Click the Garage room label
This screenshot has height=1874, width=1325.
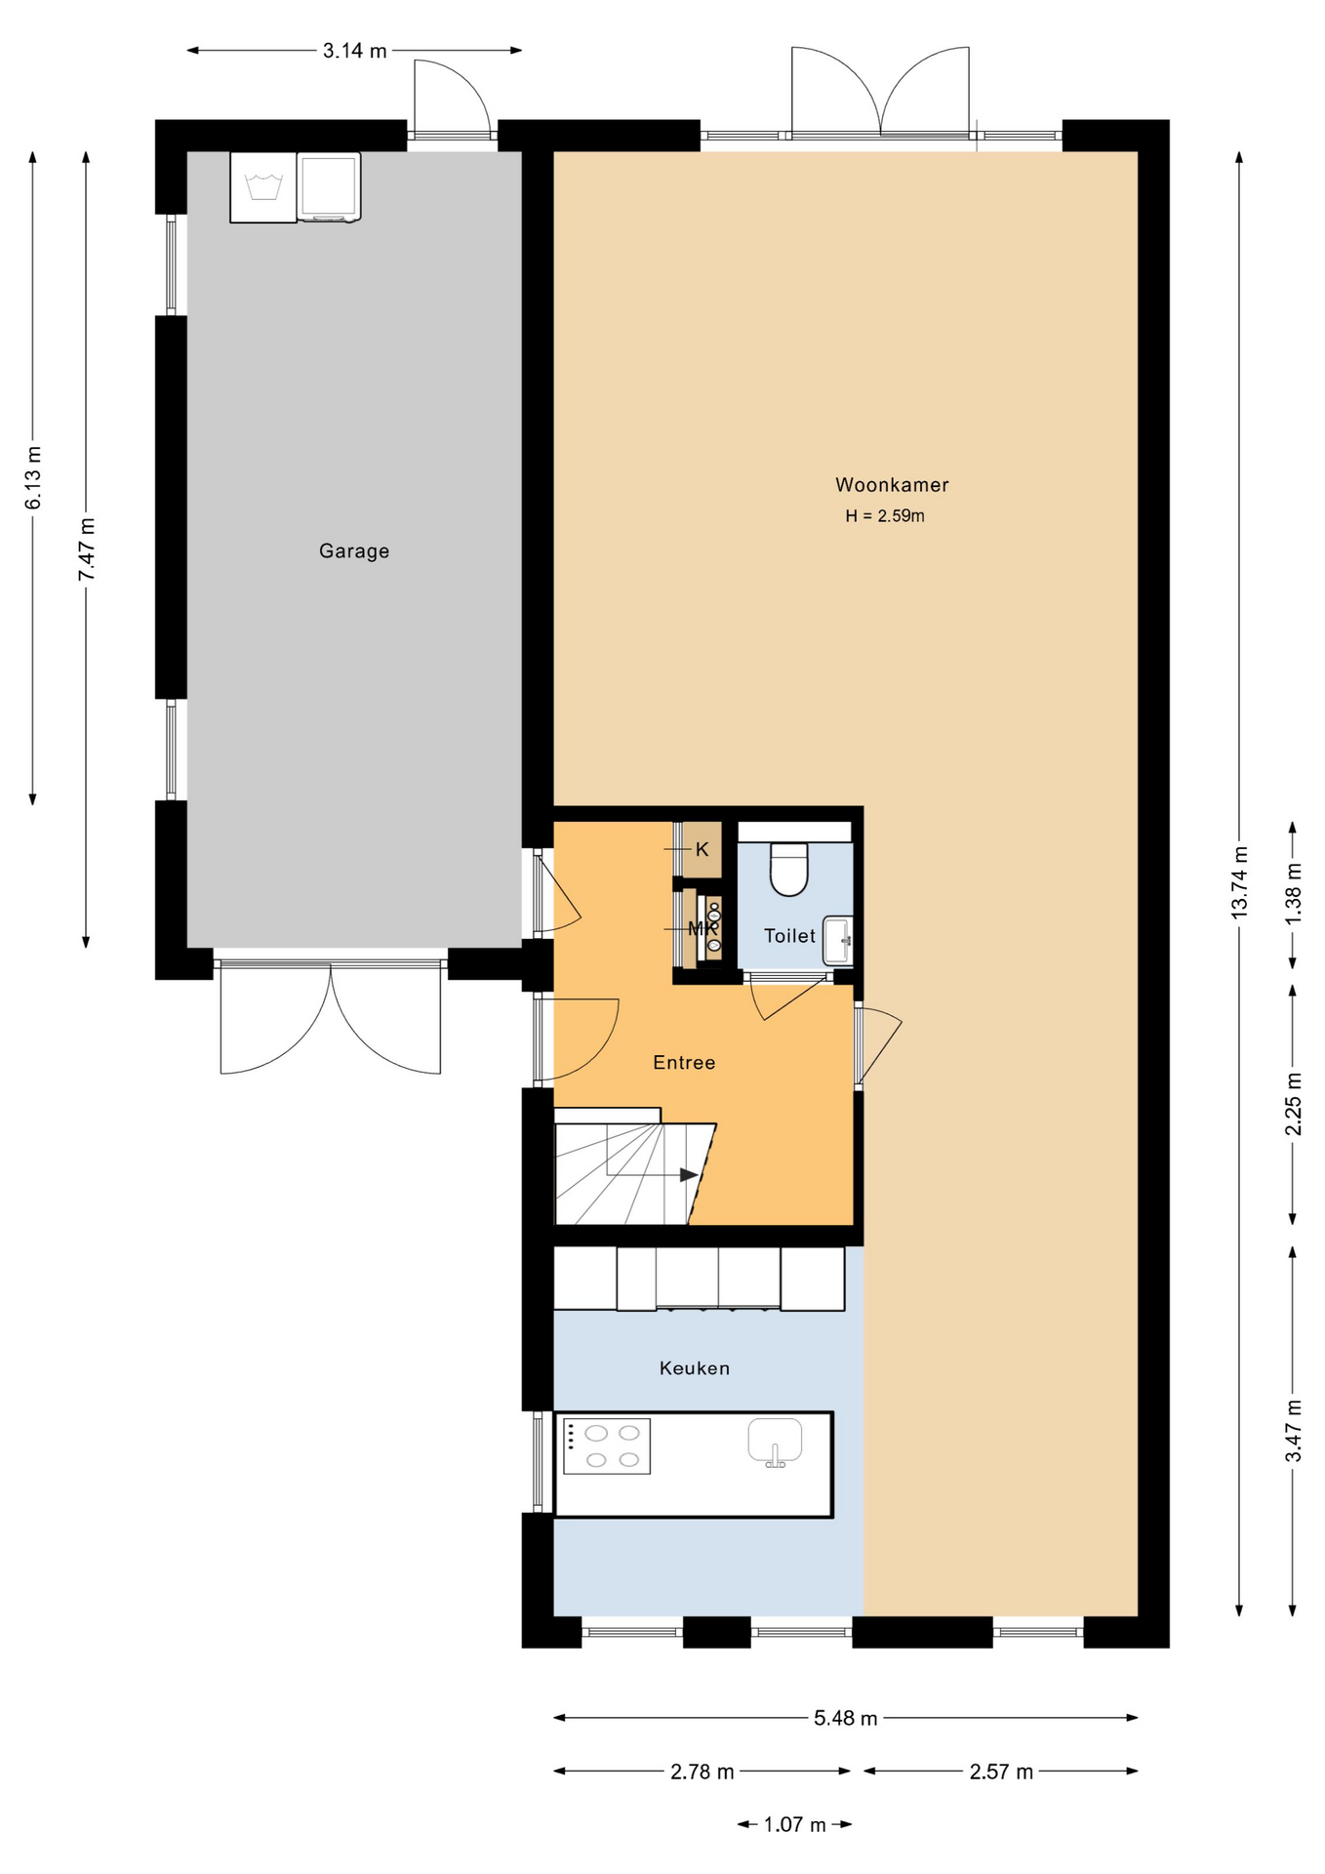click(x=354, y=551)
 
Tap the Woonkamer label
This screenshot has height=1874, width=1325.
click(x=892, y=485)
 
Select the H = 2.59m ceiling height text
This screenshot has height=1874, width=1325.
click(x=885, y=516)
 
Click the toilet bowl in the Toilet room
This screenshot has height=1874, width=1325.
click(x=789, y=869)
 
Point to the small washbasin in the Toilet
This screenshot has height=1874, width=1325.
click(x=838, y=940)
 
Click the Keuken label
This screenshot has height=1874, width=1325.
click(x=695, y=1368)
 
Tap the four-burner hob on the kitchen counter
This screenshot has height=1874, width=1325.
click(x=607, y=1446)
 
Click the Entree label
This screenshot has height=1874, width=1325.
click(x=684, y=1063)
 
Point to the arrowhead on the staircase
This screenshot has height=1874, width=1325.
click(x=689, y=1175)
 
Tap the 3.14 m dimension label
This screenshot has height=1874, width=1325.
click(x=355, y=51)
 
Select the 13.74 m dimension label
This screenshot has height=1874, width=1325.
click(x=1239, y=880)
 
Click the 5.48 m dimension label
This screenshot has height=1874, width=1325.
click(x=846, y=1718)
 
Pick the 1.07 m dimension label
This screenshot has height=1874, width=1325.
click(x=794, y=1824)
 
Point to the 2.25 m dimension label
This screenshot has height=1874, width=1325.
click(x=1293, y=1104)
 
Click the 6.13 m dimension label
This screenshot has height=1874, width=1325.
click(x=33, y=477)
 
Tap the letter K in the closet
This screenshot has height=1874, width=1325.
click(x=702, y=850)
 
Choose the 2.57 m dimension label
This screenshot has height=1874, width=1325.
click(x=1001, y=1772)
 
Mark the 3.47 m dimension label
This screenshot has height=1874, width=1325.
click(x=1293, y=1431)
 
